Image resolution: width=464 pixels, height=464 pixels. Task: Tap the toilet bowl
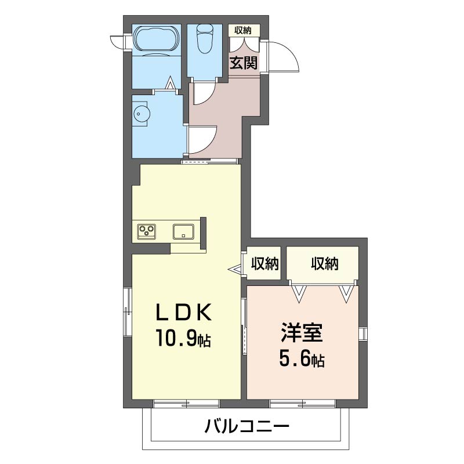[x=205, y=38]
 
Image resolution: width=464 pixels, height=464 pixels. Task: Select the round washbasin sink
[x=142, y=114]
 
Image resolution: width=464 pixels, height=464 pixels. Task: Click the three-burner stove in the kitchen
[x=147, y=231]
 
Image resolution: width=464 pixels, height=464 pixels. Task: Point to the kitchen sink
[x=183, y=231]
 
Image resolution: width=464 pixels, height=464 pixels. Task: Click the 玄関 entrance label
[x=244, y=63]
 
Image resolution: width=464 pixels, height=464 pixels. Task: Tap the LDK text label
[x=184, y=313]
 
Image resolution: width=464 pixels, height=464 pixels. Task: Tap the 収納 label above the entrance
[x=243, y=30]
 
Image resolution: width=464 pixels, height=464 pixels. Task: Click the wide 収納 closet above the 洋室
[x=322, y=263]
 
